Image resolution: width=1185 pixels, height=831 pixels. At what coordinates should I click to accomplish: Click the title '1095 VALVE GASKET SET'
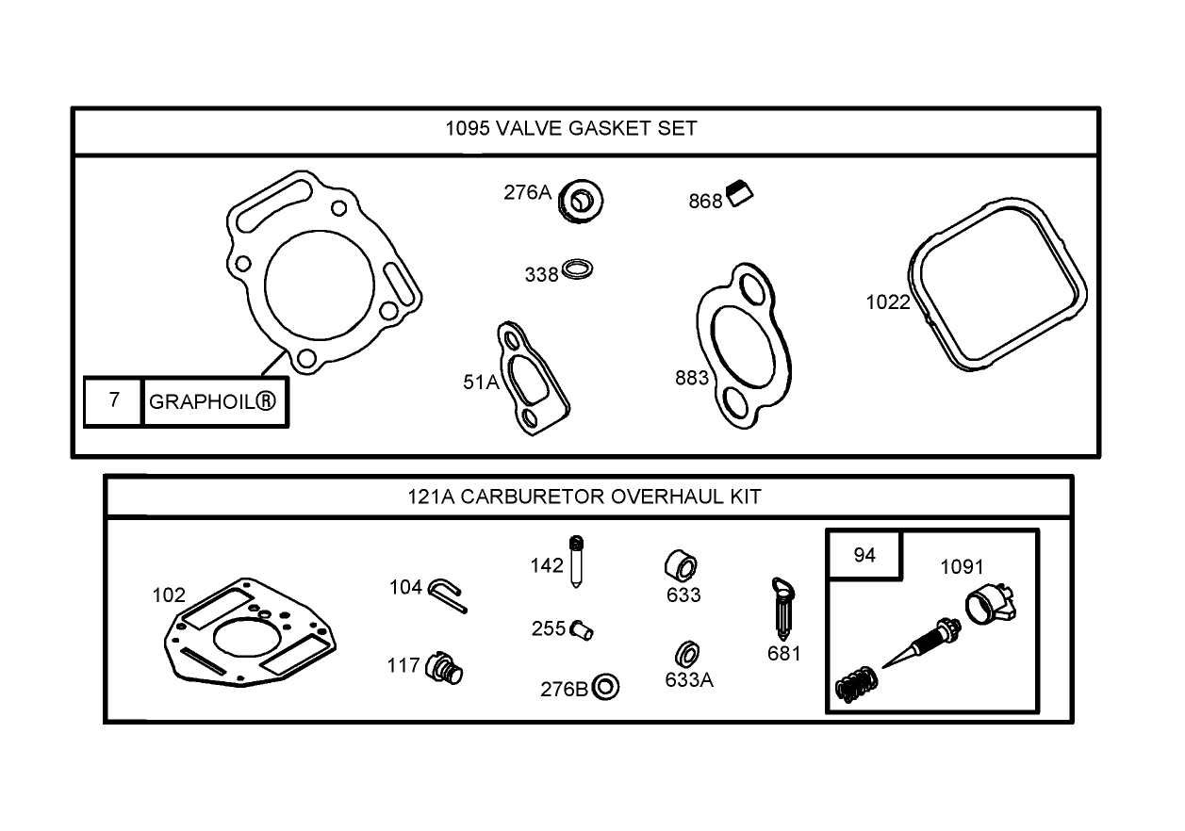(x=571, y=128)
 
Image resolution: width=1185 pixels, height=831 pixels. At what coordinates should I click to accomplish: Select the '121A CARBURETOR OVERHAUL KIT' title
(x=584, y=497)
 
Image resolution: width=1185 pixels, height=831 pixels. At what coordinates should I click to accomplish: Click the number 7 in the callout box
(x=114, y=400)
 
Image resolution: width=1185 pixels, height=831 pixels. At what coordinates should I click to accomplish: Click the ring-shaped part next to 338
(x=578, y=270)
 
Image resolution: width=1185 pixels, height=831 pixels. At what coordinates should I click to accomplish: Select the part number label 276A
(x=527, y=192)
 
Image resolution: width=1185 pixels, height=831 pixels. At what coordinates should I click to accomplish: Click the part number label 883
(x=692, y=378)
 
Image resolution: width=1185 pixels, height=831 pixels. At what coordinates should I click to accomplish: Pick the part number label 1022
(x=888, y=301)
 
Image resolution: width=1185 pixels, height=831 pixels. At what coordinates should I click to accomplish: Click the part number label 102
(x=169, y=595)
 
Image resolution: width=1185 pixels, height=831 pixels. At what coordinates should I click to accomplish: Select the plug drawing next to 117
(x=446, y=668)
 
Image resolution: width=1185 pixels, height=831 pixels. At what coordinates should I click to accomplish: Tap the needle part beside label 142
(x=576, y=562)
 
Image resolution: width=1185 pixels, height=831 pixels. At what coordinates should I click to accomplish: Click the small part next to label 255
(x=582, y=629)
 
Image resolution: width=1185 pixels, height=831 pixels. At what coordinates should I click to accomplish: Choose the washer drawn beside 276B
(x=607, y=687)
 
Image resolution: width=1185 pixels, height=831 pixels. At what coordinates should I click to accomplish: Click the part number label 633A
(x=689, y=679)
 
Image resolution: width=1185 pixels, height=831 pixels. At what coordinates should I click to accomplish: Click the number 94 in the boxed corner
(x=864, y=555)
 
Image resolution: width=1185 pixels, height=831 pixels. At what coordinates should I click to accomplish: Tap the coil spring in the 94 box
(x=854, y=684)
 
